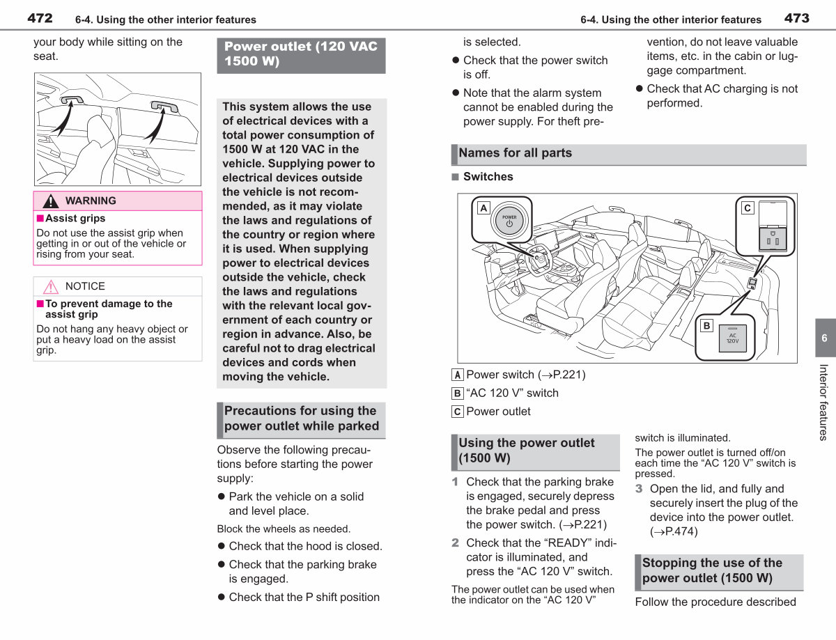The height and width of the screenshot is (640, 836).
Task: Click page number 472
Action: (x=40, y=18)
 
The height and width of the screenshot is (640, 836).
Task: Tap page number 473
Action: (x=797, y=18)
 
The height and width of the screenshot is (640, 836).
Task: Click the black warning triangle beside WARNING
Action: (x=51, y=201)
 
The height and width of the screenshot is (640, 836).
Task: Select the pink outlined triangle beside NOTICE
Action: (x=51, y=287)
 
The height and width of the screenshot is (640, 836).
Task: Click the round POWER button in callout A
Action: (x=509, y=221)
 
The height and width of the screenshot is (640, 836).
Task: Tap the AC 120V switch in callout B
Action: (x=732, y=338)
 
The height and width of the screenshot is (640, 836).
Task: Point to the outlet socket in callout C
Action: (x=773, y=239)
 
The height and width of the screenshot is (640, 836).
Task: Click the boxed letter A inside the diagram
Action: (x=483, y=208)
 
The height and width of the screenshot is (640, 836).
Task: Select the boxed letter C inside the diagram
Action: (x=747, y=208)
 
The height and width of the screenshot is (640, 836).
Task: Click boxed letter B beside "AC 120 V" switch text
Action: (x=457, y=393)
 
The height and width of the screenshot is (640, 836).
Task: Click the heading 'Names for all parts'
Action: (x=515, y=153)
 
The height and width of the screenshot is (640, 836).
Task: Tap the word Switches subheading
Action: (x=488, y=176)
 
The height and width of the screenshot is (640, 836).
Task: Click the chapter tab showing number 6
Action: (x=826, y=338)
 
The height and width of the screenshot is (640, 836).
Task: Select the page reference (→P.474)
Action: (x=674, y=531)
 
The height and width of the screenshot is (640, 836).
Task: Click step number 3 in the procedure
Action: (x=639, y=489)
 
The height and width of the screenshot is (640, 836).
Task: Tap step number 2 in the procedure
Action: (x=455, y=543)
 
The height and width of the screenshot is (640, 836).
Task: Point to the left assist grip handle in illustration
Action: (x=72, y=100)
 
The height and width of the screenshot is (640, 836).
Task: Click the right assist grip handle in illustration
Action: (x=164, y=106)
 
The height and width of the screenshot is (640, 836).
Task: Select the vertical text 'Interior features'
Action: (x=823, y=403)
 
